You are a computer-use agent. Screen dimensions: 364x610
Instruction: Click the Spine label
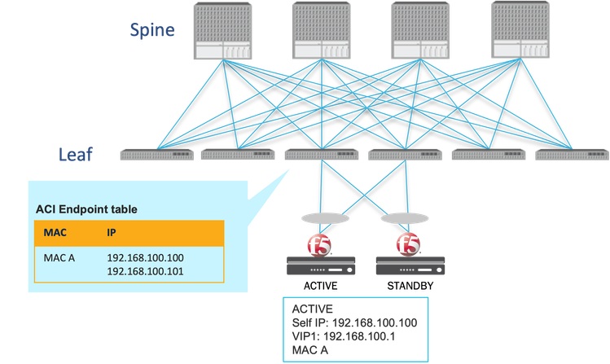152,31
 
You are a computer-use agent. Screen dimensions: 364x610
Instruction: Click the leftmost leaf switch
156,153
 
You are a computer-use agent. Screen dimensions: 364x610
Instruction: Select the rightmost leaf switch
571,153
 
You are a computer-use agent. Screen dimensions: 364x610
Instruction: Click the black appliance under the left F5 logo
322,264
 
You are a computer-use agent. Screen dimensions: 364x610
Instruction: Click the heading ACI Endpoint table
86,209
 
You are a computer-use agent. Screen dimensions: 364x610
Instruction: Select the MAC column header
55,233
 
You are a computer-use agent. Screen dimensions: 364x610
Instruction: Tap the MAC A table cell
59,257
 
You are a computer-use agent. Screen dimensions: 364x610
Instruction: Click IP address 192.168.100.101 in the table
146,271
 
